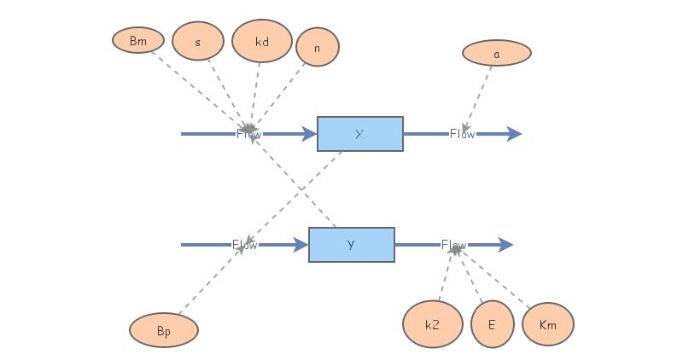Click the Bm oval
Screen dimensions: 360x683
click(137, 40)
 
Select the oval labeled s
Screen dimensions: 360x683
click(198, 41)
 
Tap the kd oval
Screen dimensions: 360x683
click(262, 41)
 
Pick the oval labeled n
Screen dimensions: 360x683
click(318, 47)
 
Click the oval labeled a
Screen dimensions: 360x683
click(497, 53)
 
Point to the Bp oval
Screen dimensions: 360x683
click(164, 330)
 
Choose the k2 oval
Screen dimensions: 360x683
click(432, 324)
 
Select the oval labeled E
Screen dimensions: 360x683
click(492, 324)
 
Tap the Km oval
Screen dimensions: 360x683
click(548, 324)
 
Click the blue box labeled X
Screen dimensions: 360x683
click(359, 134)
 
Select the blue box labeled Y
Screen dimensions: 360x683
click(351, 245)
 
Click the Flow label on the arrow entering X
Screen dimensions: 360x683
click(249, 134)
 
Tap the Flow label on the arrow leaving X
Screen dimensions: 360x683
click(463, 134)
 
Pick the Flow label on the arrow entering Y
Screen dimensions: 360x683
click(245, 245)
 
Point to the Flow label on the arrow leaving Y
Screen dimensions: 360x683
click(454, 245)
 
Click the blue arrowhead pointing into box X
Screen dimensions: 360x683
click(309, 134)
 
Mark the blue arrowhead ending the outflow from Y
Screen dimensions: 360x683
click(505, 245)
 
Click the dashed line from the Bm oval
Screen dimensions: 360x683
click(196, 86)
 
